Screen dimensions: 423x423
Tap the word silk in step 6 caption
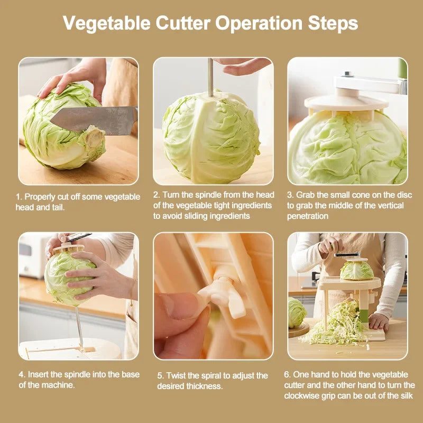pos(404,396)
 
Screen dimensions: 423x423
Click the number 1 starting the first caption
pos(17,197)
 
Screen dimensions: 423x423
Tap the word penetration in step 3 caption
pos(308,216)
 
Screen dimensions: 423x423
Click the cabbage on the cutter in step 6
pos(356,270)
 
